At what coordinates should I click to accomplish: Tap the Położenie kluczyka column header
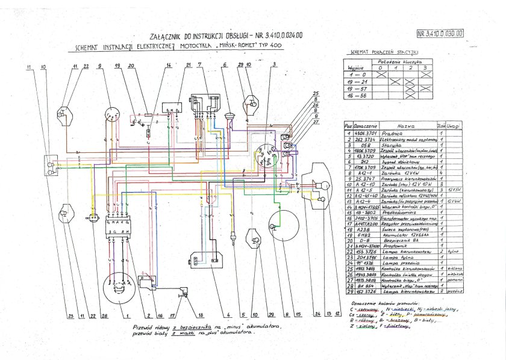tap(402, 63)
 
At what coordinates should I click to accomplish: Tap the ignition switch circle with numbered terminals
tap(266, 155)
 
